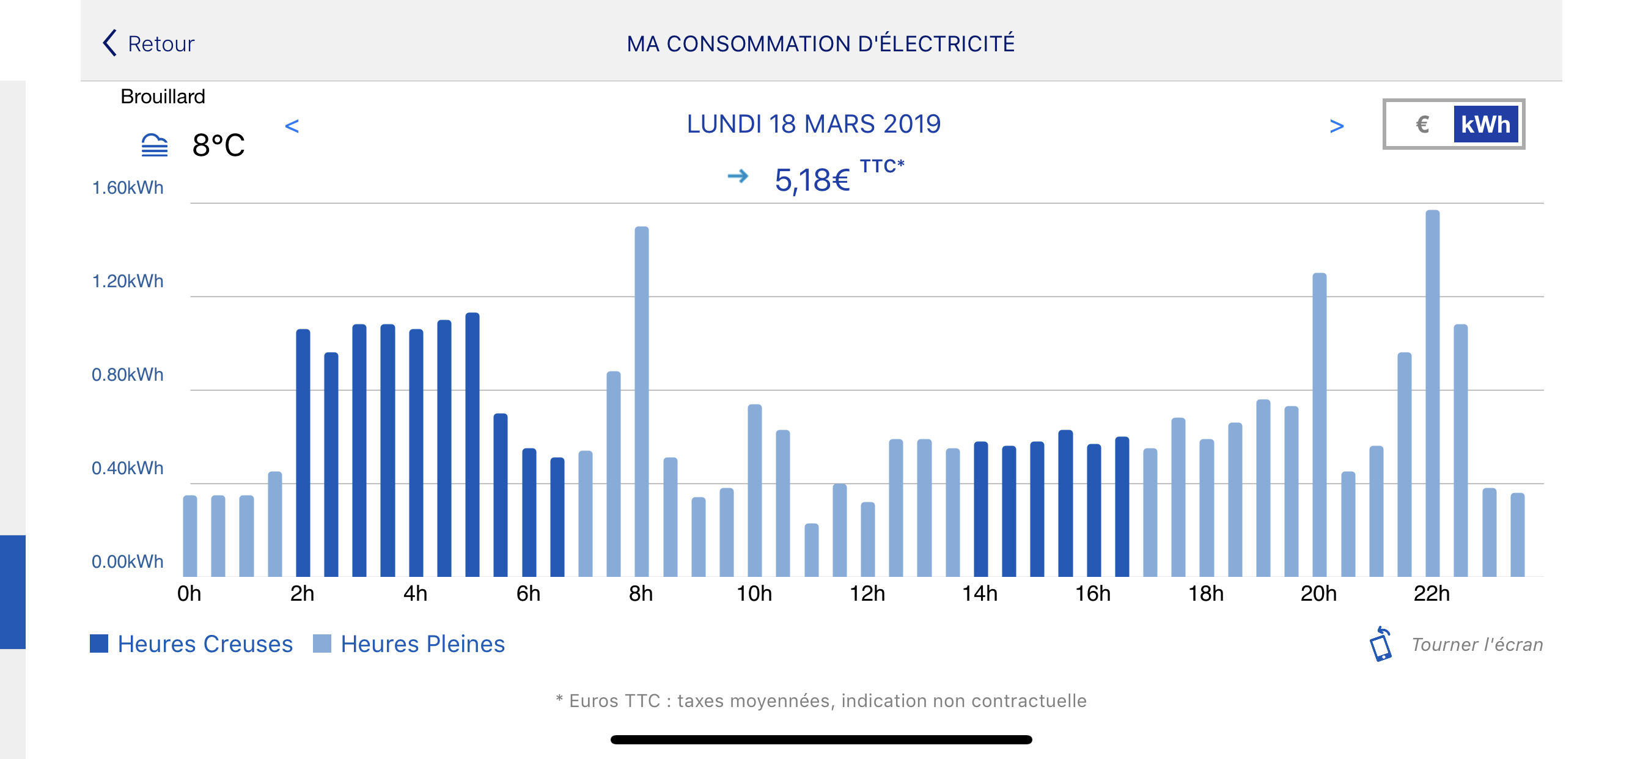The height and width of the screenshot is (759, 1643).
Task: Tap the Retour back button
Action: pyautogui.click(x=149, y=43)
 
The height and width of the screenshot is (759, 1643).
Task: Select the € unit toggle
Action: pyautogui.click(x=1422, y=125)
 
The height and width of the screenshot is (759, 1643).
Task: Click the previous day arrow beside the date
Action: pyautogui.click(x=292, y=126)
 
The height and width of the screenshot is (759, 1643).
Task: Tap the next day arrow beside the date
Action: pyautogui.click(x=1336, y=126)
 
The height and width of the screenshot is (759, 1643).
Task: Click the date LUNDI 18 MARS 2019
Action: pyautogui.click(x=813, y=123)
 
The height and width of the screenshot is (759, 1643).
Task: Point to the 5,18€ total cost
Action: pyautogui.click(x=812, y=180)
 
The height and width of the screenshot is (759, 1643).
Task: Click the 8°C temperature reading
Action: pyautogui.click(x=218, y=145)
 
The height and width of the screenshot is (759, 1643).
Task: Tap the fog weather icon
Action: pyautogui.click(x=155, y=145)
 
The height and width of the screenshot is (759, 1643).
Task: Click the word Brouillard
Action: pyautogui.click(x=163, y=97)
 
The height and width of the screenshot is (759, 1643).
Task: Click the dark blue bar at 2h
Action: pyautogui.click(x=303, y=452)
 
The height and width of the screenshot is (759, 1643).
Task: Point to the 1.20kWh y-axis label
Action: pyautogui.click(x=128, y=281)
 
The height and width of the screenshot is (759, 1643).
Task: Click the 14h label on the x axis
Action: pyautogui.click(x=980, y=594)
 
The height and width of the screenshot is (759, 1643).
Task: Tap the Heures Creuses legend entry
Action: pyautogui.click(x=191, y=643)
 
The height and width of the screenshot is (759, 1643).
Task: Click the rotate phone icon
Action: pyautogui.click(x=1381, y=644)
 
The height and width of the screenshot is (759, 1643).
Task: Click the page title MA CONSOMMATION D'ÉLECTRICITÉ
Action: pyautogui.click(x=820, y=43)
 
